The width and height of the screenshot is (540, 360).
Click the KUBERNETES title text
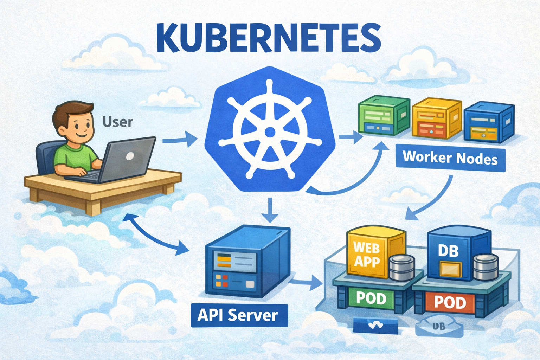[x=268, y=38]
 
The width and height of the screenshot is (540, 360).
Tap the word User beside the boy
[x=118, y=122]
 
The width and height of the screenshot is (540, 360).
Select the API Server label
[x=238, y=315]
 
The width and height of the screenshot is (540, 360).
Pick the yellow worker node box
[x=436, y=118]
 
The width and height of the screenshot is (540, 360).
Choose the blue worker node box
[x=489, y=122]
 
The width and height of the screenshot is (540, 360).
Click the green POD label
[x=371, y=298]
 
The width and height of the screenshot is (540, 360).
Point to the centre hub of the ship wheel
[x=270, y=132]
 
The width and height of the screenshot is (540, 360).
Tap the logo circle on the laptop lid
[x=130, y=156]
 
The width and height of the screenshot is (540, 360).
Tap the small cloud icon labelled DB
[x=439, y=327]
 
